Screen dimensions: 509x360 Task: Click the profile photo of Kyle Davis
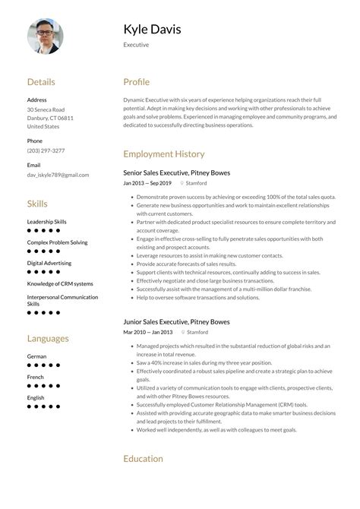pyautogui.click(x=46, y=36)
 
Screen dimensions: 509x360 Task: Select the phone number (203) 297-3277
pyautogui.click(x=46, y=150)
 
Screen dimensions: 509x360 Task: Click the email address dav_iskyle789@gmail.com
pyautogui.click(x=58, y=175)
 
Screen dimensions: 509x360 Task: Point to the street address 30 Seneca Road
pyautogui.click(x=46, y=109)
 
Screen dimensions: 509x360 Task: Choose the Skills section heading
pyautogui.click(x=37, y=204)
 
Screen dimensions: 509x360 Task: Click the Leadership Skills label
pyautogui.click(x=47, y=222)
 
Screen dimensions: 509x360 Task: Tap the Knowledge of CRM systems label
pyautogui.click(x=60, y=283)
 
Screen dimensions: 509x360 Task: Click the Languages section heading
pyautogui.click(x=48, y=338)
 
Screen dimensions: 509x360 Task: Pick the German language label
pyautogui.click(x=36, y=356)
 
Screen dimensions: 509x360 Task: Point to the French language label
pyautogui.click(x=36, y=377)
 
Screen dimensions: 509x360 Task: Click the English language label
pyautogui.click(x=36, y=397)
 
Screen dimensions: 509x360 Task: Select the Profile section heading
pyautogui.click(x=137, y=82)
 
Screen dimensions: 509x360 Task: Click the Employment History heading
pyautogui.click(x=164, y=154)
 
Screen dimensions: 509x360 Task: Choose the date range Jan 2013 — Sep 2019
pyautogui.click(x=147, y=183)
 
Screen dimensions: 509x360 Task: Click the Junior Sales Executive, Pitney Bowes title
pyautogui.click(x=176, y=321)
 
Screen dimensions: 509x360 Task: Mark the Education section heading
pyautogui.click(x=143, y=458)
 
